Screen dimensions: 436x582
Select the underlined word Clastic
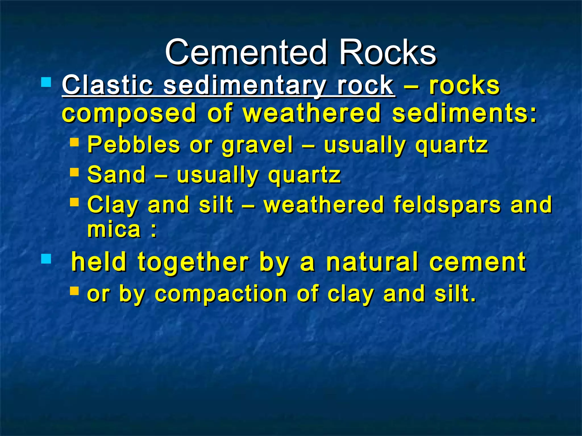(x=108, y=85)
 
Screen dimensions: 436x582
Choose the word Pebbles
(x=134, y=145)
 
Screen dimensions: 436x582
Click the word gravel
(x=257, y=145)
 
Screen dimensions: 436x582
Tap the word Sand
(x=116, y=175)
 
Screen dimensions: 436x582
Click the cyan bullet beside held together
(x=46, y=259)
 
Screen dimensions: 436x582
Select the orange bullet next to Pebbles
(x=74, y=142)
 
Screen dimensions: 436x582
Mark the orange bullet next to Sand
(x=74, y=172)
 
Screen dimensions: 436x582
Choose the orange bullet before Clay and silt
(x=74, y=202)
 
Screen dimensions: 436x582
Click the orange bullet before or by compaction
(x=74, y=291)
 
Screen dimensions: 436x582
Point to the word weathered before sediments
(x=312, y=114)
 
